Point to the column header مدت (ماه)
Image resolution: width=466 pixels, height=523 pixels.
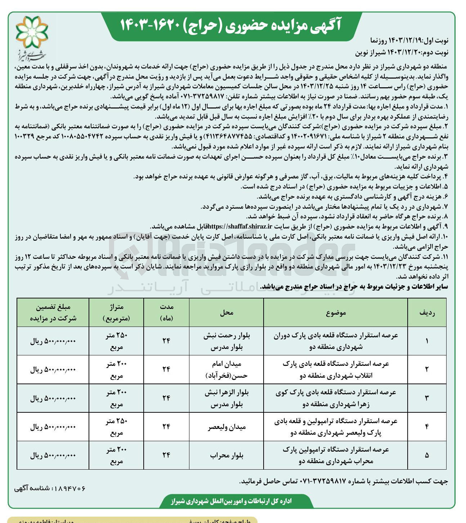click(x=166, y=312)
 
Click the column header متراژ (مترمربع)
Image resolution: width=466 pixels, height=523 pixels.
click(x=116, y=312)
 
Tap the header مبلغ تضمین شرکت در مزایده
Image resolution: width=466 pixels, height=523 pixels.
click(x=53, y=312)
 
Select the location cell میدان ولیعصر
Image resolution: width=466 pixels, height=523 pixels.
click(x=227, y=427)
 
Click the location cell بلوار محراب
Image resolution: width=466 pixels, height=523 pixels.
click(x=227, y=456)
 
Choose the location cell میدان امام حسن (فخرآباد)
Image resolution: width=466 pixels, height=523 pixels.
click(x=227, y=370)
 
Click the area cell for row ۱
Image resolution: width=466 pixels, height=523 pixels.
click(x=116, y=341)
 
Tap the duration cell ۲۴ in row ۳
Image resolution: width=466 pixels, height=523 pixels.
click(x=166, y=398)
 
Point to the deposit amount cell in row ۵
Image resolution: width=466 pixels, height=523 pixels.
click(x=53, y=456)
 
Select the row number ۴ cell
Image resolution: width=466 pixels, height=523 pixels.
click(x=427, y=427)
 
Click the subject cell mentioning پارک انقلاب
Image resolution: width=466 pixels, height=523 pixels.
click(x=336, y=370)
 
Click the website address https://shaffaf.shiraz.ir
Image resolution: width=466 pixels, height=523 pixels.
click(x=240, y=226)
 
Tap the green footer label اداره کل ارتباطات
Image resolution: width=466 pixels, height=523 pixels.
click(x=231, y=501)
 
